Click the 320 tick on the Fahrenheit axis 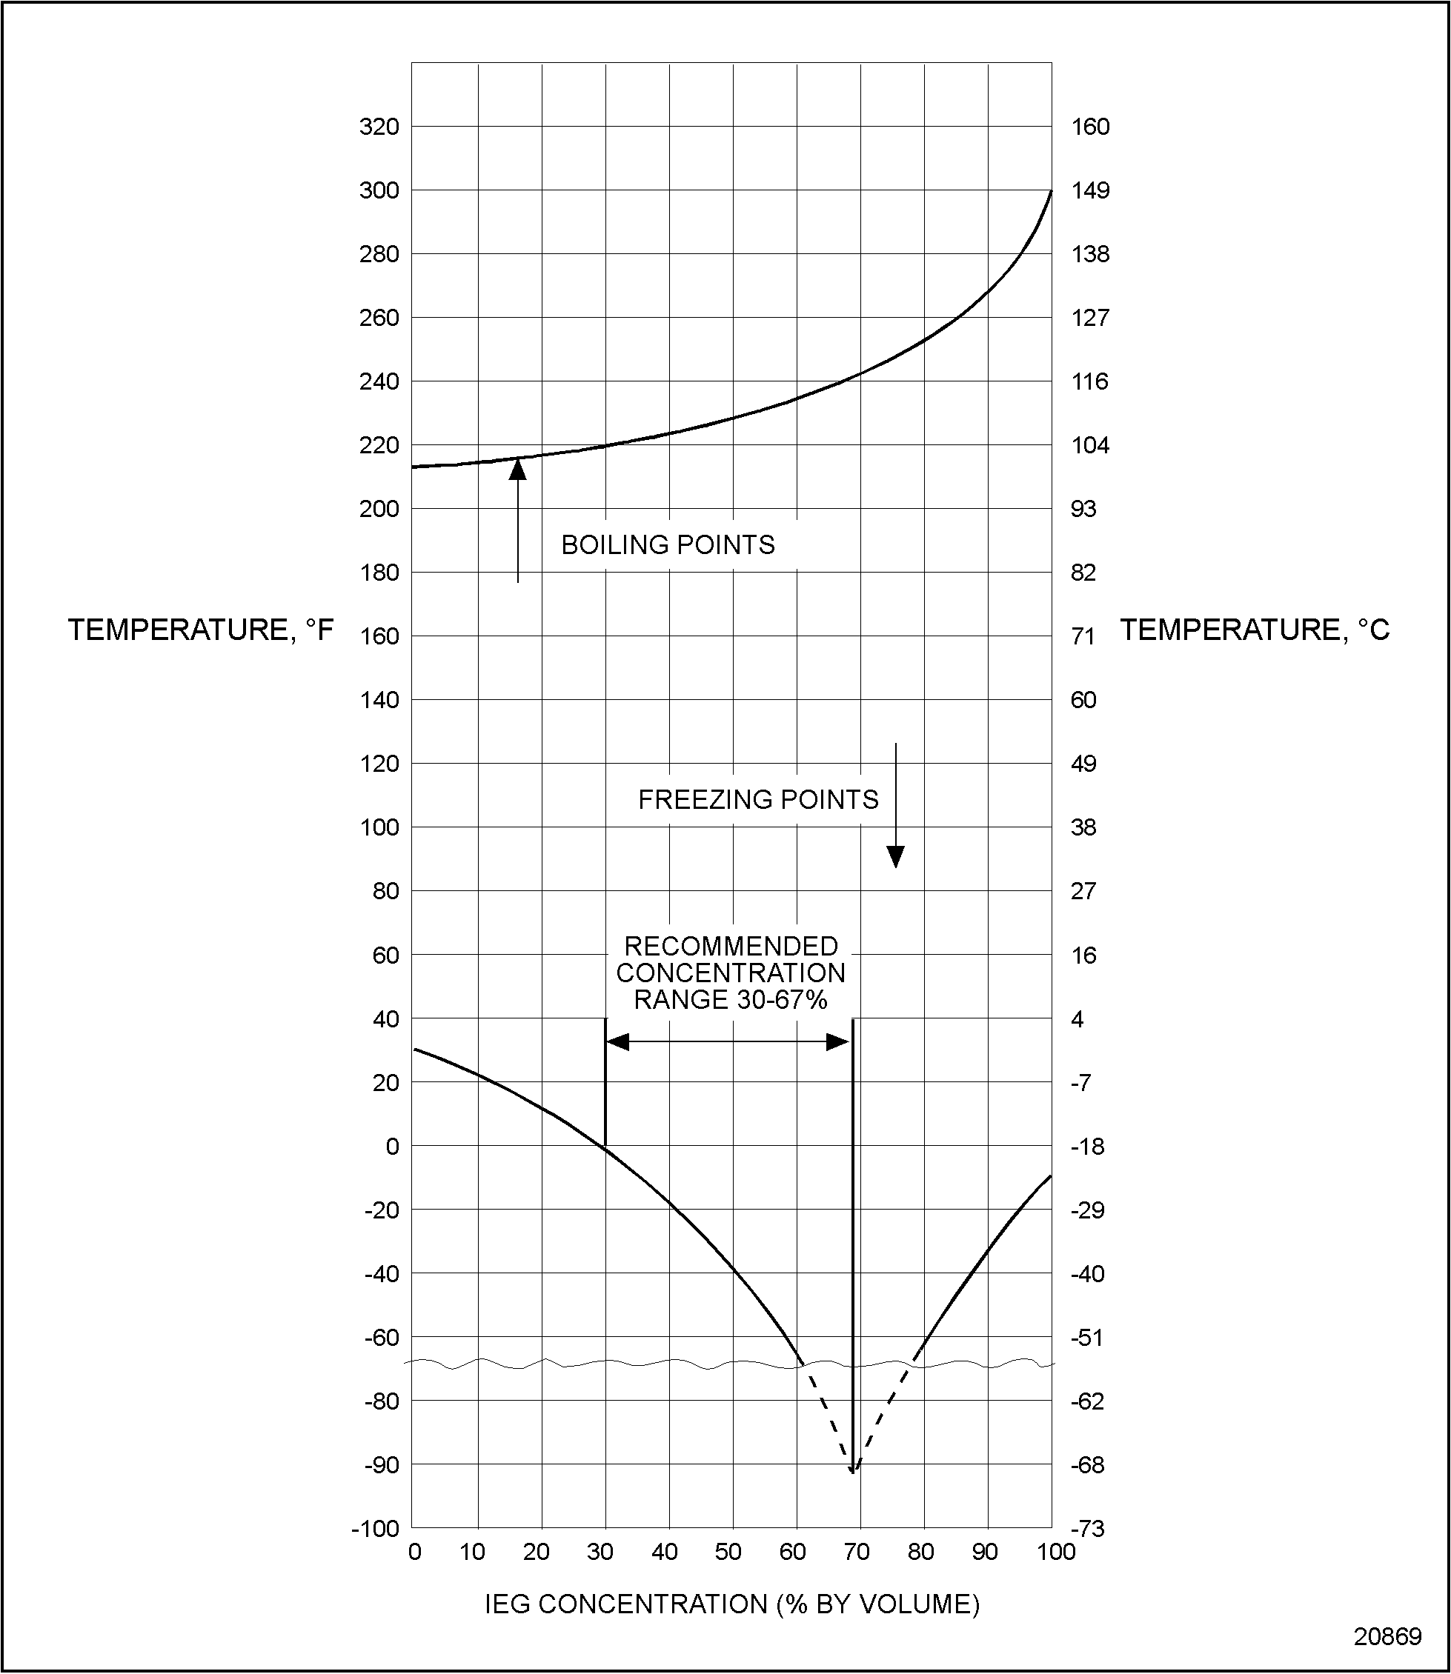pos(379,127)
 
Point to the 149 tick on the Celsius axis pos(1090,191)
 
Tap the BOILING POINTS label pos(668,544)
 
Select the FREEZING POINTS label pos(758,800)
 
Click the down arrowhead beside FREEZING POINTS pos(895,856)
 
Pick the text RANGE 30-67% pos(731,1001)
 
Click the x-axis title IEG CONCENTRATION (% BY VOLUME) pos(732,1604)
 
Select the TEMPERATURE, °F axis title pos(200,630)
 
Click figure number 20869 pos(1388,1637)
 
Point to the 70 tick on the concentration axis pos(857,1552)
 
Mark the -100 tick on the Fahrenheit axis pos(375,1529)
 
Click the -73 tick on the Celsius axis pos(1087,1529)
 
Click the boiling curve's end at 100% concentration pos(1051,191)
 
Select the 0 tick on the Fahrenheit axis pos(393,1146)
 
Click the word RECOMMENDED pos(731,947)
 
